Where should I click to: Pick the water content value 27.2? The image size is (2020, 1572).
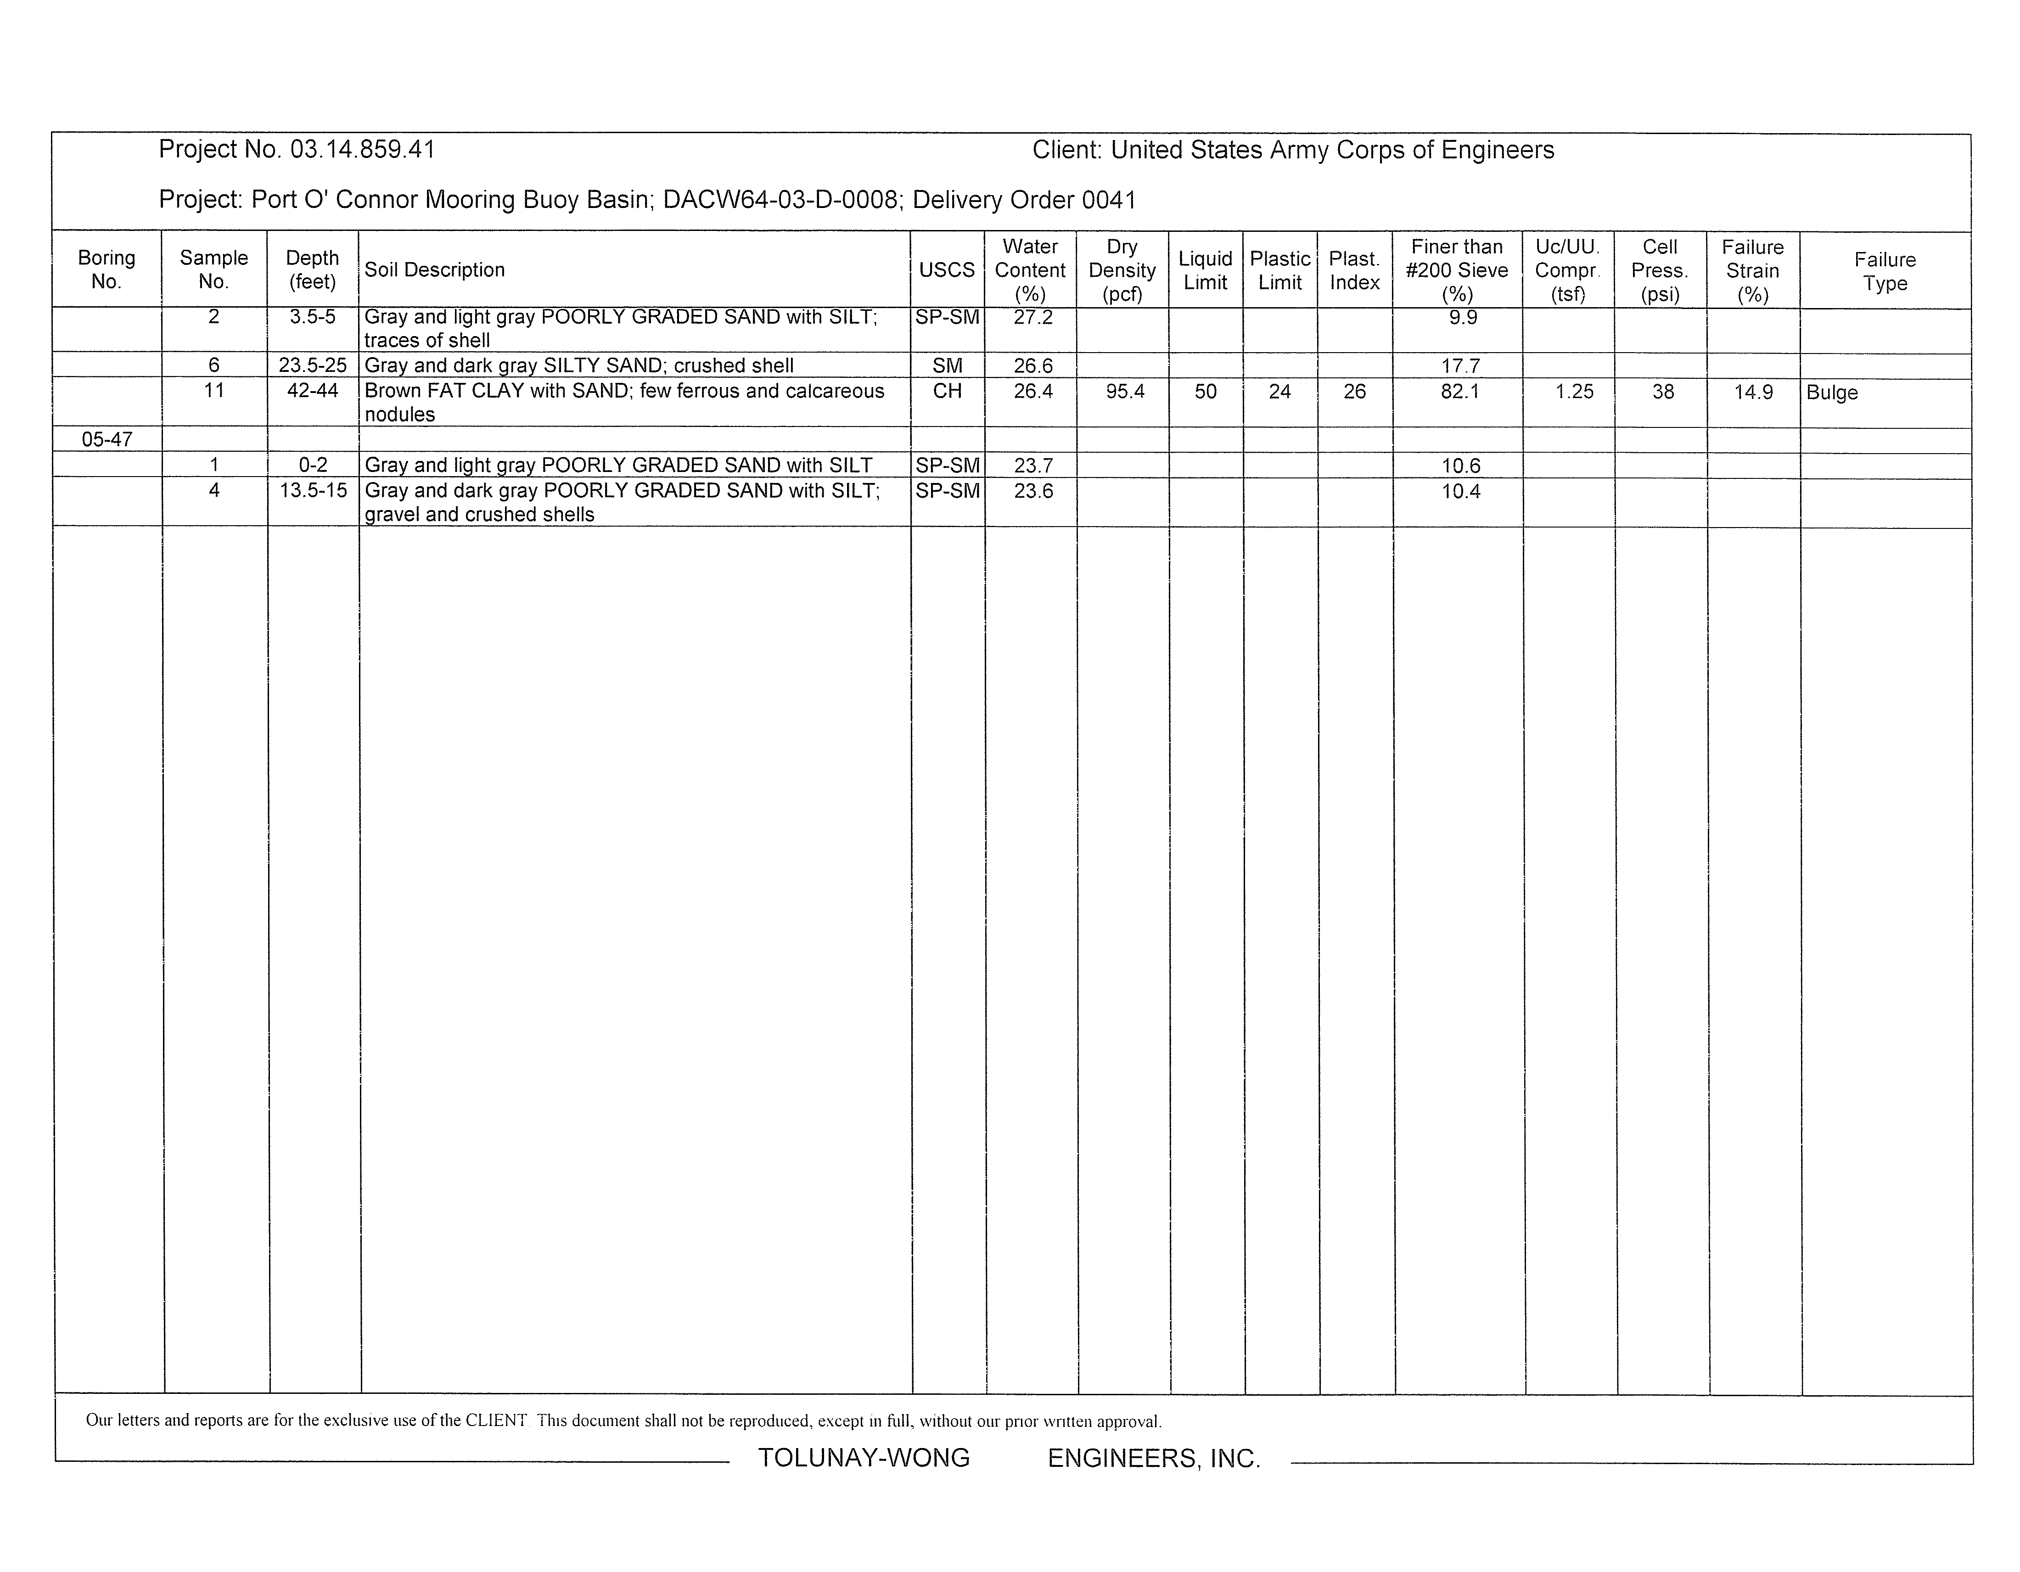[x=1032, y=317]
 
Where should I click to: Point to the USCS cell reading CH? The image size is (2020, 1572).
[x=947, y=391]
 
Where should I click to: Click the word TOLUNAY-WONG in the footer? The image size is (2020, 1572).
[x=864, y=1457]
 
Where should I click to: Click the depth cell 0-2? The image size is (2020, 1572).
[x=313, y=465]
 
